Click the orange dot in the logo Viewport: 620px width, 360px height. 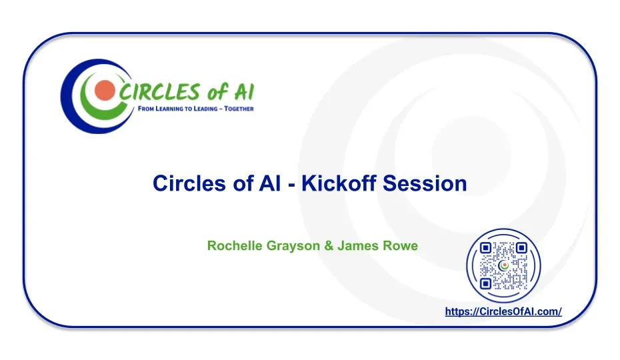105,90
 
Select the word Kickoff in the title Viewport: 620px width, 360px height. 339,183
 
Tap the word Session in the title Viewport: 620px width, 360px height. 425,183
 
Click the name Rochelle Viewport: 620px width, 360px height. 235,246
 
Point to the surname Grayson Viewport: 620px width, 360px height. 293,246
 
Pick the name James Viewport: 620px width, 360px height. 355,246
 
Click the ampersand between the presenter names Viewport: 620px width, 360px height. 329,246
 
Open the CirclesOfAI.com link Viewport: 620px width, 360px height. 503,312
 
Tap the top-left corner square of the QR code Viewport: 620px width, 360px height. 485,248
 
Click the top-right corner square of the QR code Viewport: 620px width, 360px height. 521,248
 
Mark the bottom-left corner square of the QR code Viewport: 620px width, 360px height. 485,283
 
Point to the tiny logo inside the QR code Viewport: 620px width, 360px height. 504,266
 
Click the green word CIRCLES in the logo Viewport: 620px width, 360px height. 160,92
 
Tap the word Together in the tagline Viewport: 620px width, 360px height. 239,109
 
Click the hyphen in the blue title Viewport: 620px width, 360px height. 292,185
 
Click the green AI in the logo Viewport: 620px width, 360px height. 244,92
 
